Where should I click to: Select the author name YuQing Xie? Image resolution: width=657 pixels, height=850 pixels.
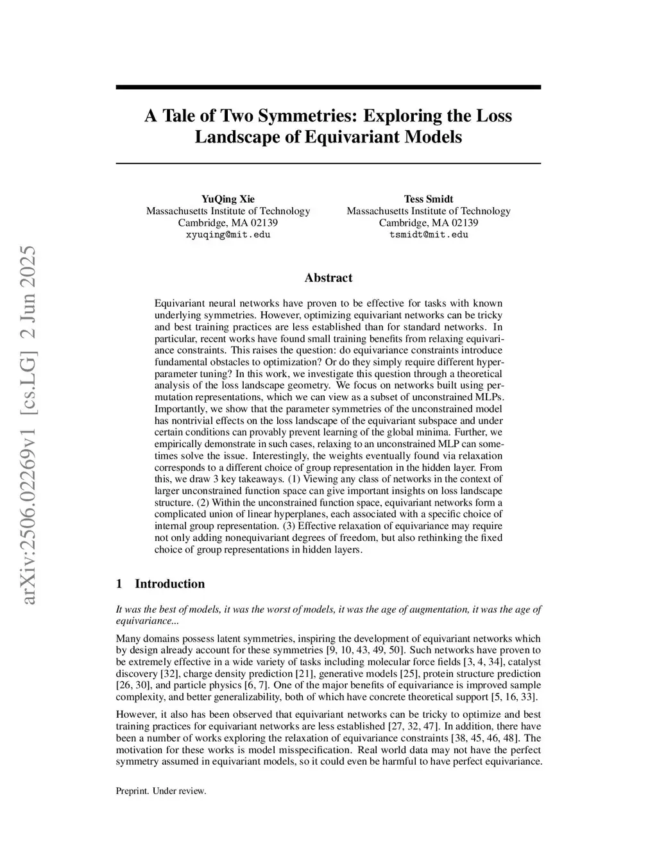(x=228, y=199)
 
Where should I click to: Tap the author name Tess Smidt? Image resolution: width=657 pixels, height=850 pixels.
(x=429, y=199)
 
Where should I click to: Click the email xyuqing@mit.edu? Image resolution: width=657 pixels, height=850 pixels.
(x=228, y=235)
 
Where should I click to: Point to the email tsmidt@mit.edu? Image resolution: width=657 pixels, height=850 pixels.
(x=429, y=235)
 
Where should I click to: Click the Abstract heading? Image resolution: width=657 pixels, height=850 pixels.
(x=328, y=278)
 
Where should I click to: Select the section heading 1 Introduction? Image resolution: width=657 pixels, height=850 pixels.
(x=160, y=584)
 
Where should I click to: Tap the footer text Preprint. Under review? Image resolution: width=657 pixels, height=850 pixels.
(x=161, y=791)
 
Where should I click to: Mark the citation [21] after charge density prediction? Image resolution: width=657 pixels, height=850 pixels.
(x=304, y=674)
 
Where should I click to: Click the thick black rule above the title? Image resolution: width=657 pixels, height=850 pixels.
(x=328, y=87)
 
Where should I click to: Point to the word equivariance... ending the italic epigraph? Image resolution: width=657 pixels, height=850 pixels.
(x=138, y=621)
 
